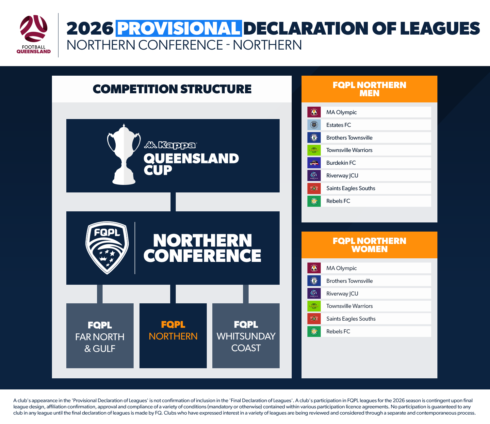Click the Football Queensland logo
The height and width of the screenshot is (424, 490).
click(34, 34)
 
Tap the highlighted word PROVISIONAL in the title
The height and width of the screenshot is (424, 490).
click(179, 28)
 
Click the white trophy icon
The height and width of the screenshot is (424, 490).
click(124, 154)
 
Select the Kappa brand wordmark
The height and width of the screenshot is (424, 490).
click(171, 145)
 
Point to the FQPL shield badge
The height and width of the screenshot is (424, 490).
click(107, 248)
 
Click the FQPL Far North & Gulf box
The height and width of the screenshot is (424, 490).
click(100, 336)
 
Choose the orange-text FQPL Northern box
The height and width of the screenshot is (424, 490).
click(173, 336)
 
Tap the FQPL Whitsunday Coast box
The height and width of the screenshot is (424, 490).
click(246, 336)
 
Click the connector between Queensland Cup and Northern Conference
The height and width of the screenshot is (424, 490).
click(173, 202)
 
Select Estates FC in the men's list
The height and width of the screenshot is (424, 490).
click(338, 125)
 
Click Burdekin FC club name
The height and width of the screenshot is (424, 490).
click(341, 163)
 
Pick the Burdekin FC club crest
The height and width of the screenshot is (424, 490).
click(314, 163)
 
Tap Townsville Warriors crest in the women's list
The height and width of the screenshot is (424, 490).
click(314, 306)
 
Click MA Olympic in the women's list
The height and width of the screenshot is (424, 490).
click(341, 268)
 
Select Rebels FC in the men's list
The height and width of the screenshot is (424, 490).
click(338, 201)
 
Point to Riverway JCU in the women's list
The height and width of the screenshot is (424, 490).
click(342, 294)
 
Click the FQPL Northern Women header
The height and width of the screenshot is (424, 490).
click(369, 245)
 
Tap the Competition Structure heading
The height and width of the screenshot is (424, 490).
click(172, 89)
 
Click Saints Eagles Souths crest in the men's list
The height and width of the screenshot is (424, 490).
click(314, 189)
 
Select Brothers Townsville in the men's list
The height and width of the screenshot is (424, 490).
click(349, 138)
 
